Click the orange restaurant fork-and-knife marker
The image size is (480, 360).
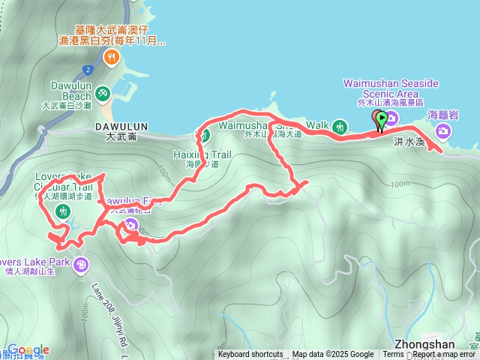112,56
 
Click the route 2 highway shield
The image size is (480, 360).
88,70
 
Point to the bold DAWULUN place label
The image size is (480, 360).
122,127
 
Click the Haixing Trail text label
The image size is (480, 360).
202,154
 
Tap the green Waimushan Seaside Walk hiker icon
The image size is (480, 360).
339,127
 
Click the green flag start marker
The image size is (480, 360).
382,118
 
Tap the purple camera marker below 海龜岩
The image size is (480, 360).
444,132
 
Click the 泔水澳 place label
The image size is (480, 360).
409,141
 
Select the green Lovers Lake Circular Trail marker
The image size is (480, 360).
61,212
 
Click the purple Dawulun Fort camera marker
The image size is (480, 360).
131,224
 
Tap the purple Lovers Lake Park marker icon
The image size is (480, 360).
81,264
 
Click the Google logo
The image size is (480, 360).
28,350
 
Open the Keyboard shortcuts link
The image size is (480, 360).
250,355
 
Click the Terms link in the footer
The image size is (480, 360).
393,355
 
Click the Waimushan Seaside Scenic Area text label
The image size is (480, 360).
390,88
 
